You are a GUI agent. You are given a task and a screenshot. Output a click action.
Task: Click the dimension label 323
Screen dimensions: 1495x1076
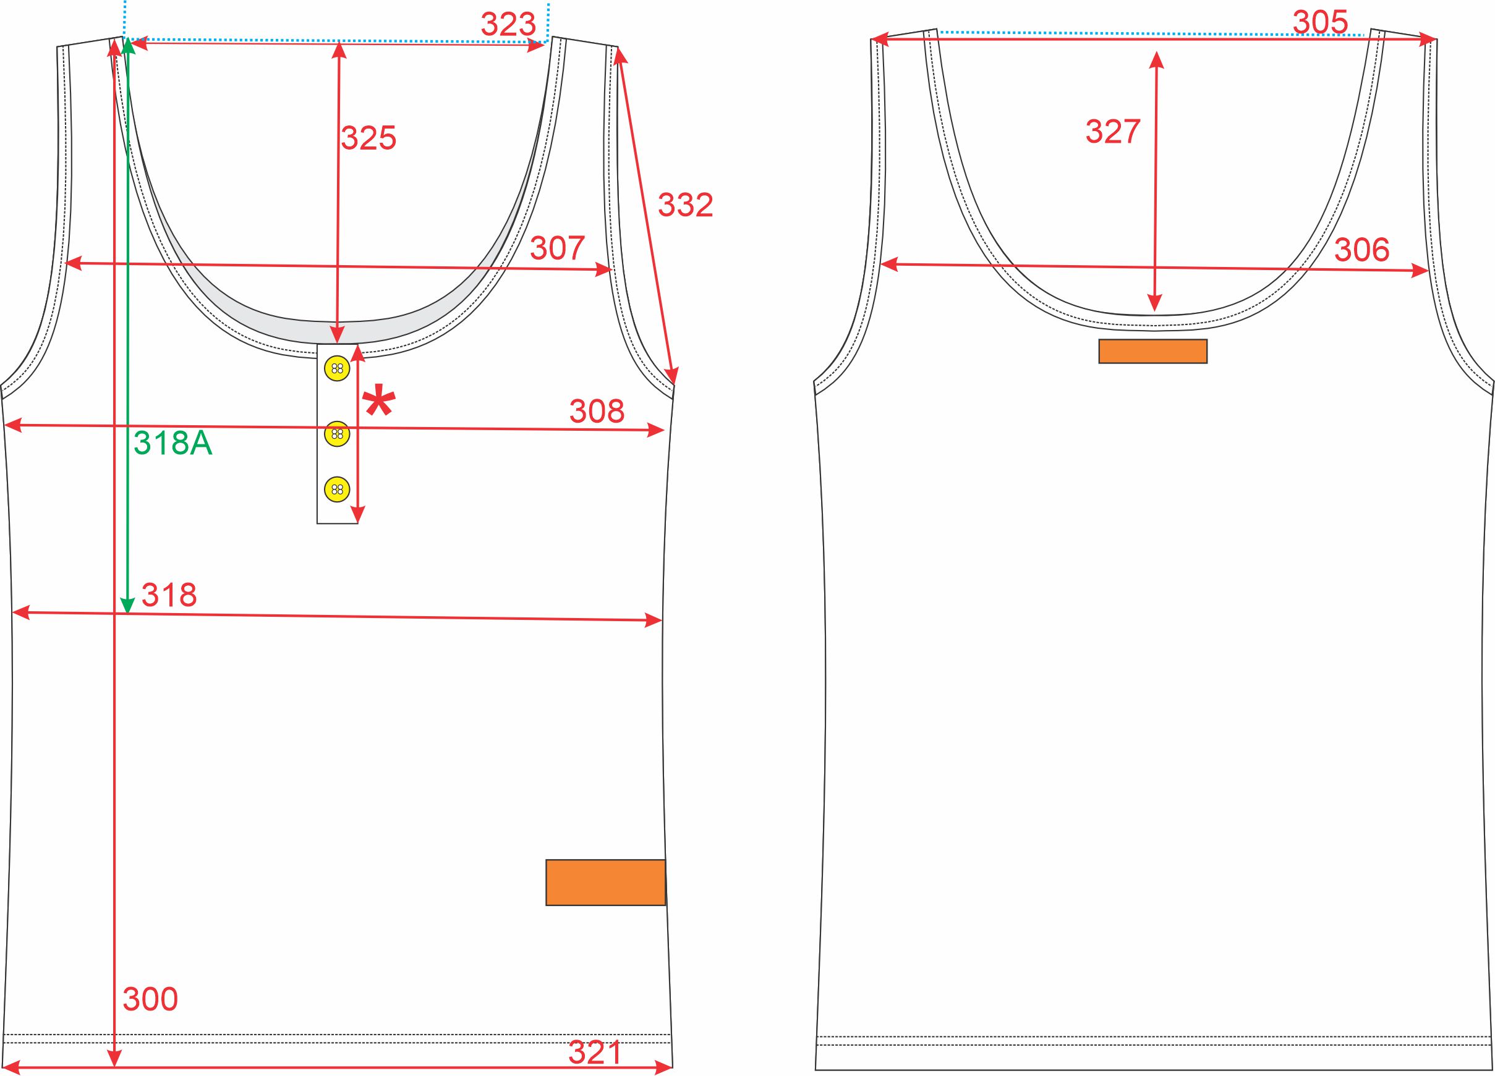(x=508, y=25)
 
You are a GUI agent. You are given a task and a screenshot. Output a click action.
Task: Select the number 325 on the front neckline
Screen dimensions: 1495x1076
(x=368, y=138)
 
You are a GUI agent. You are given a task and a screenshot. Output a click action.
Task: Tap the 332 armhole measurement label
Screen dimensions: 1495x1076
(x=686, y=206)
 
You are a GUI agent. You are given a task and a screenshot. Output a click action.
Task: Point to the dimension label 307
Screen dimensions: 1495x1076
(x=558, y=248)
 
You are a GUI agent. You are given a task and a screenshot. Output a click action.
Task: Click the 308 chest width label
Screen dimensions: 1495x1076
(x=597, y=411)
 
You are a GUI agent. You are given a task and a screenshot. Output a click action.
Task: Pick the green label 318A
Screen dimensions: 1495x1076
(x=173, y=444)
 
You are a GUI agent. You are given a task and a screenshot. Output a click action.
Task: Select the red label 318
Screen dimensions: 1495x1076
(x=169, y=595)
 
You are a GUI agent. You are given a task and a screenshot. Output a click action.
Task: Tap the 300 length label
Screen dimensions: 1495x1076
(x=150, y=999)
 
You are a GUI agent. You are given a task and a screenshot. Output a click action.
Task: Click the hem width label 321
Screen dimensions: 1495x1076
(x=595, y=1053)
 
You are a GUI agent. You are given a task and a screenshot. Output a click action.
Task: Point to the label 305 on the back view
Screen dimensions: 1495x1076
(x=1320, y=22)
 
